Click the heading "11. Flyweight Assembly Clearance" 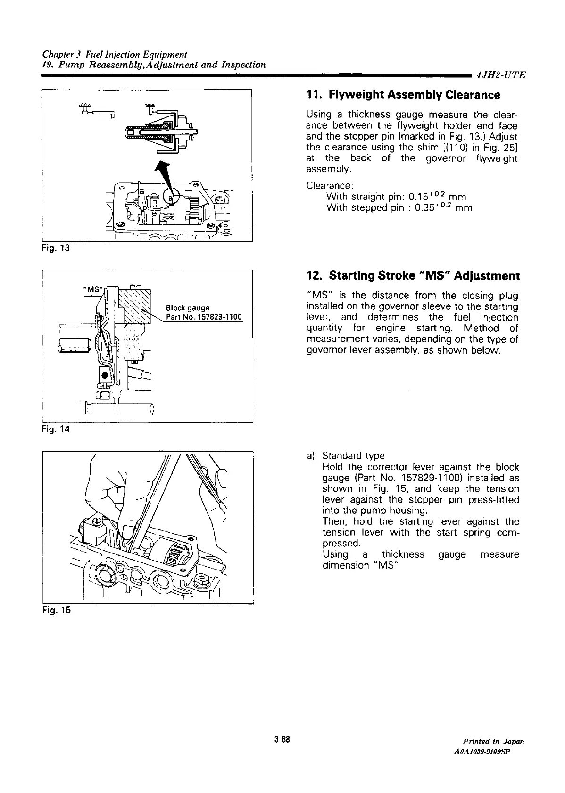tap(403, 95)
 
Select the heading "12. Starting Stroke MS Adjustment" tap(413, 275)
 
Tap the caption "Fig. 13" tap(56, 248)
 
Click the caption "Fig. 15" tap(56, 611)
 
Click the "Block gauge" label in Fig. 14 tap(188, 308)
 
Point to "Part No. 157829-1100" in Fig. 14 tap(204, 316)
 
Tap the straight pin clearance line tap(396, 196)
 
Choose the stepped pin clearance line tap(399, 207)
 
